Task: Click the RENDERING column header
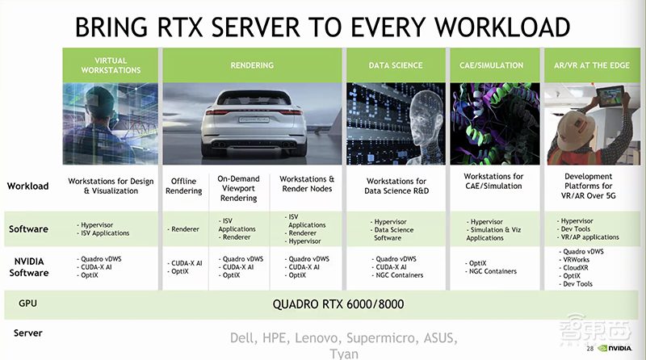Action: click(x=252, y=65)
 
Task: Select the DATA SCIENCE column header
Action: click(x=395, y=65)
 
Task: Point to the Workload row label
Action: click(x=28, y=186)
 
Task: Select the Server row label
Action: click(x=28, y=333)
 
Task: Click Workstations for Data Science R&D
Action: click(x=396, y=186)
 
